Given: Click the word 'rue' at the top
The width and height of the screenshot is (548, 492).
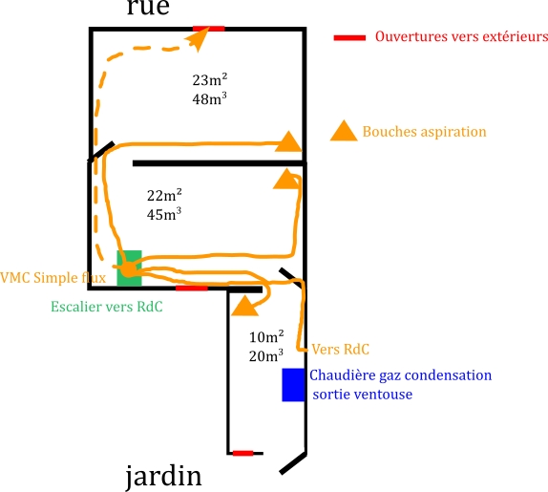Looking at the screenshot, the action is (x=148, y=8).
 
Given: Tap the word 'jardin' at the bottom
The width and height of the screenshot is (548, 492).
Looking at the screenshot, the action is (x=163, y=477).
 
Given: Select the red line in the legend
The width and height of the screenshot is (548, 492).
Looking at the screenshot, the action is (x=349, y=38).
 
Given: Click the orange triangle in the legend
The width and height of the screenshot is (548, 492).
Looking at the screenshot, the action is (x=344, y=131).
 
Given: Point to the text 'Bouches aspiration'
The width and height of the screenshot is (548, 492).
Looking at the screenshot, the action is (x=424, y=132).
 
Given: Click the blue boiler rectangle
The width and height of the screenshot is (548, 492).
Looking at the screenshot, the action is (x=293, y=385).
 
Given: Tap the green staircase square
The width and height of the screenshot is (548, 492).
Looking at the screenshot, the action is (x=129, y=268).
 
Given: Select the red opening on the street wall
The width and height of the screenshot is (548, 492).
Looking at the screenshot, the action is (x=209, y=29).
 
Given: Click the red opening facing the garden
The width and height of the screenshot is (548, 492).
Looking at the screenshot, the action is (x=242, y=453).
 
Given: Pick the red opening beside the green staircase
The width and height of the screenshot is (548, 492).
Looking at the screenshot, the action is (x=192, y=289).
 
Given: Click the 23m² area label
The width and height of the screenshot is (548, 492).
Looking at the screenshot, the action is (x=210, y=79).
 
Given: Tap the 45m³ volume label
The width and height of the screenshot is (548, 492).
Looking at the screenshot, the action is (x=164, y=214).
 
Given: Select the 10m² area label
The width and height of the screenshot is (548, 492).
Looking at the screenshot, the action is (x=266, y=336).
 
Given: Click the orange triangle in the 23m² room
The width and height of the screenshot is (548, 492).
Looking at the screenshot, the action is (x=288, y=141).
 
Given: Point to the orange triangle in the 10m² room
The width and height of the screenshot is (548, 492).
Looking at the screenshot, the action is (x=245, y=306).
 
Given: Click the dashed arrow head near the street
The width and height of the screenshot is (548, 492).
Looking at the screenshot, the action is (x=198, y=38).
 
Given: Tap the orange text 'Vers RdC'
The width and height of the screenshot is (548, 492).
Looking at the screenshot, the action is (x=341, y=350).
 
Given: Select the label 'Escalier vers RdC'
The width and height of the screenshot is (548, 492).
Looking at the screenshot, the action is (x=107, y=307).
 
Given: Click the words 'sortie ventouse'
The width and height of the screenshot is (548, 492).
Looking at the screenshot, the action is (x=363, y=395).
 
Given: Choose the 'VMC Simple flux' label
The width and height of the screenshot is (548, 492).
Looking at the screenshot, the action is (x=53, y=278).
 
